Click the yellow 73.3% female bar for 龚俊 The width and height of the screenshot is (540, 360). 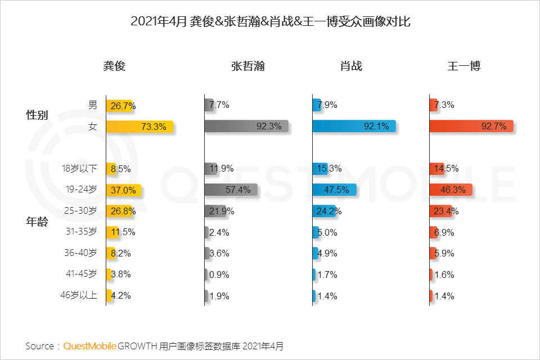[x=139, y=127]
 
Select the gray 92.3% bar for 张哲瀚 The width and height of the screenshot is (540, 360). [x=246, y=127]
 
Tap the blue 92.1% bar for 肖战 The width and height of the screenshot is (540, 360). [x=354, y=127]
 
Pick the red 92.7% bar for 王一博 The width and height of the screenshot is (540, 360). [x=471, y=127]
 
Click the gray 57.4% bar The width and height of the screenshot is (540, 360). [x=231, y=190]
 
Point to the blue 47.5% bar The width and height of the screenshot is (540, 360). [x=334, y=190]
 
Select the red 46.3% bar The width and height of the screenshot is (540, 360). [x=450, y=190]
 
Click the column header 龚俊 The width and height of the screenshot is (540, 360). [x=114, y=66]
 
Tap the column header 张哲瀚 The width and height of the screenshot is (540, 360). [x=247, y=66]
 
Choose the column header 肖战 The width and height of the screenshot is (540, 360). [x=351, y=66]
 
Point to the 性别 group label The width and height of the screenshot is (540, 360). [x=37, y=115]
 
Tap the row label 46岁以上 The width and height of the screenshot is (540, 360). [x=79, y=295]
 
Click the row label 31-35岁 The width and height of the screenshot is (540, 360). [x=80, y=231]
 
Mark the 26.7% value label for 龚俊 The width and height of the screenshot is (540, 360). [x=123, y=105]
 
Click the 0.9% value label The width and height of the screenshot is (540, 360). [x=219, y=274]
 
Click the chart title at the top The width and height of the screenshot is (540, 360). [x=270, y=22]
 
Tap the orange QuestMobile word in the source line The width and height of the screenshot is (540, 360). [x=89, y=345]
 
